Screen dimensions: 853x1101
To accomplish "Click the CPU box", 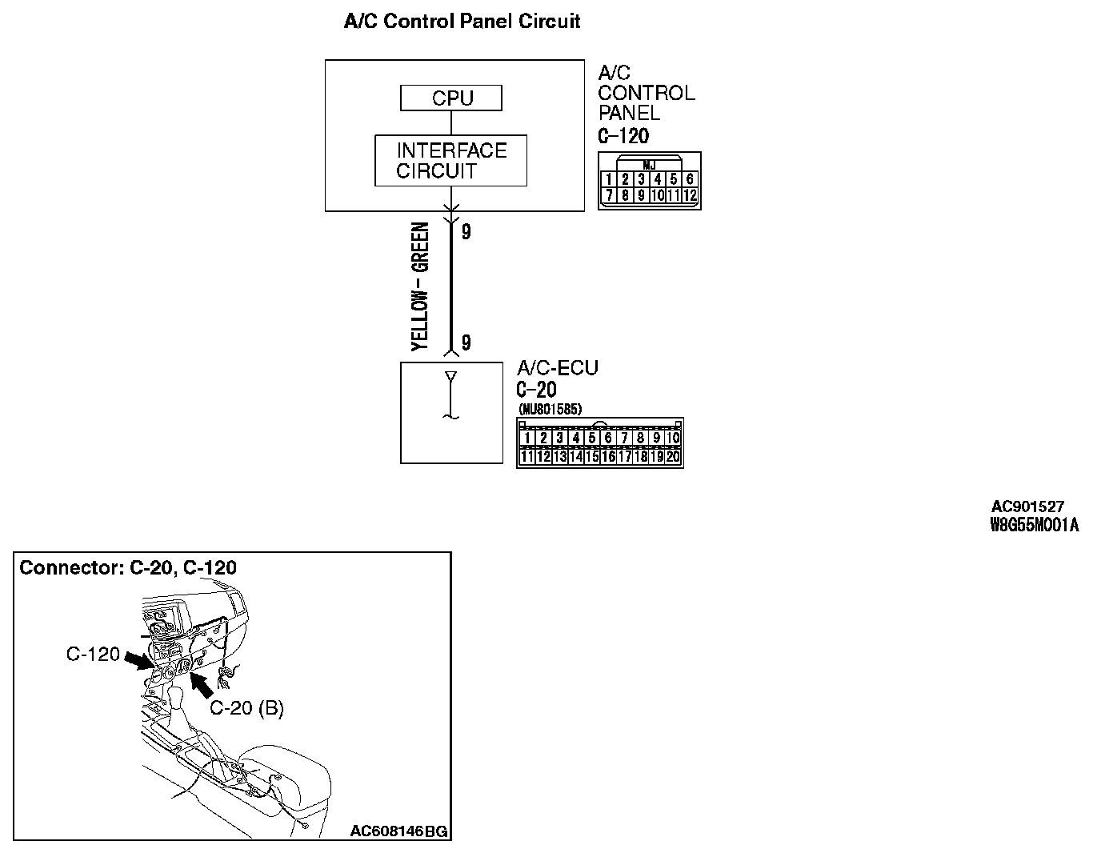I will pos(451,98).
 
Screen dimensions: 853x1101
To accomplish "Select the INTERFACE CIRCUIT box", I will pos(450,161).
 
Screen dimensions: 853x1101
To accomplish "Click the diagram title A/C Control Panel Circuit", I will pos(462,22).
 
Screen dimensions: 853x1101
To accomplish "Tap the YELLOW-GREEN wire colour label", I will pos(421,286).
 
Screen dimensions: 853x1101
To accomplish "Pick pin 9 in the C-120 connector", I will pos(641,194).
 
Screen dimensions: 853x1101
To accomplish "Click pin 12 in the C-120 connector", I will pos(691,194).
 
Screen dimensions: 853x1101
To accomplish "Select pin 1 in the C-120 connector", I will pos(609,180).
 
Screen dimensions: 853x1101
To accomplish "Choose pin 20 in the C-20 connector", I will pos(673,457).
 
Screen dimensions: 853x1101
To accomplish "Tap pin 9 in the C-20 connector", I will pos(657,438).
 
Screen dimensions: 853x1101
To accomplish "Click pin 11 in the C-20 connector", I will pos(527,457).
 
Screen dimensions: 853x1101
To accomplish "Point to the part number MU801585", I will pos(550,410).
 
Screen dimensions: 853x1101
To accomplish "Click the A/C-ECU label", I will pos(558,369).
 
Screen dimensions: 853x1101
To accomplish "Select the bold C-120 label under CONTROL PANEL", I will pos(623,136).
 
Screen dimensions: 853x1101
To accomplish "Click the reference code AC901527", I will pos(1027,507).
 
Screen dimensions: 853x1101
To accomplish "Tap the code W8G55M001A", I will pos(1034,525).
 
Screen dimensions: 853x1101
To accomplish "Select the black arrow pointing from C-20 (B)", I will pos(201,686).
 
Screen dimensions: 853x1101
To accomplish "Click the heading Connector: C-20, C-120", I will pos(128,568).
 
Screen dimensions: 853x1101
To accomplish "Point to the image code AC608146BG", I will pos(398,831).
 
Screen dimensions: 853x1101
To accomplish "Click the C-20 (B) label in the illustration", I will pos(246,708).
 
